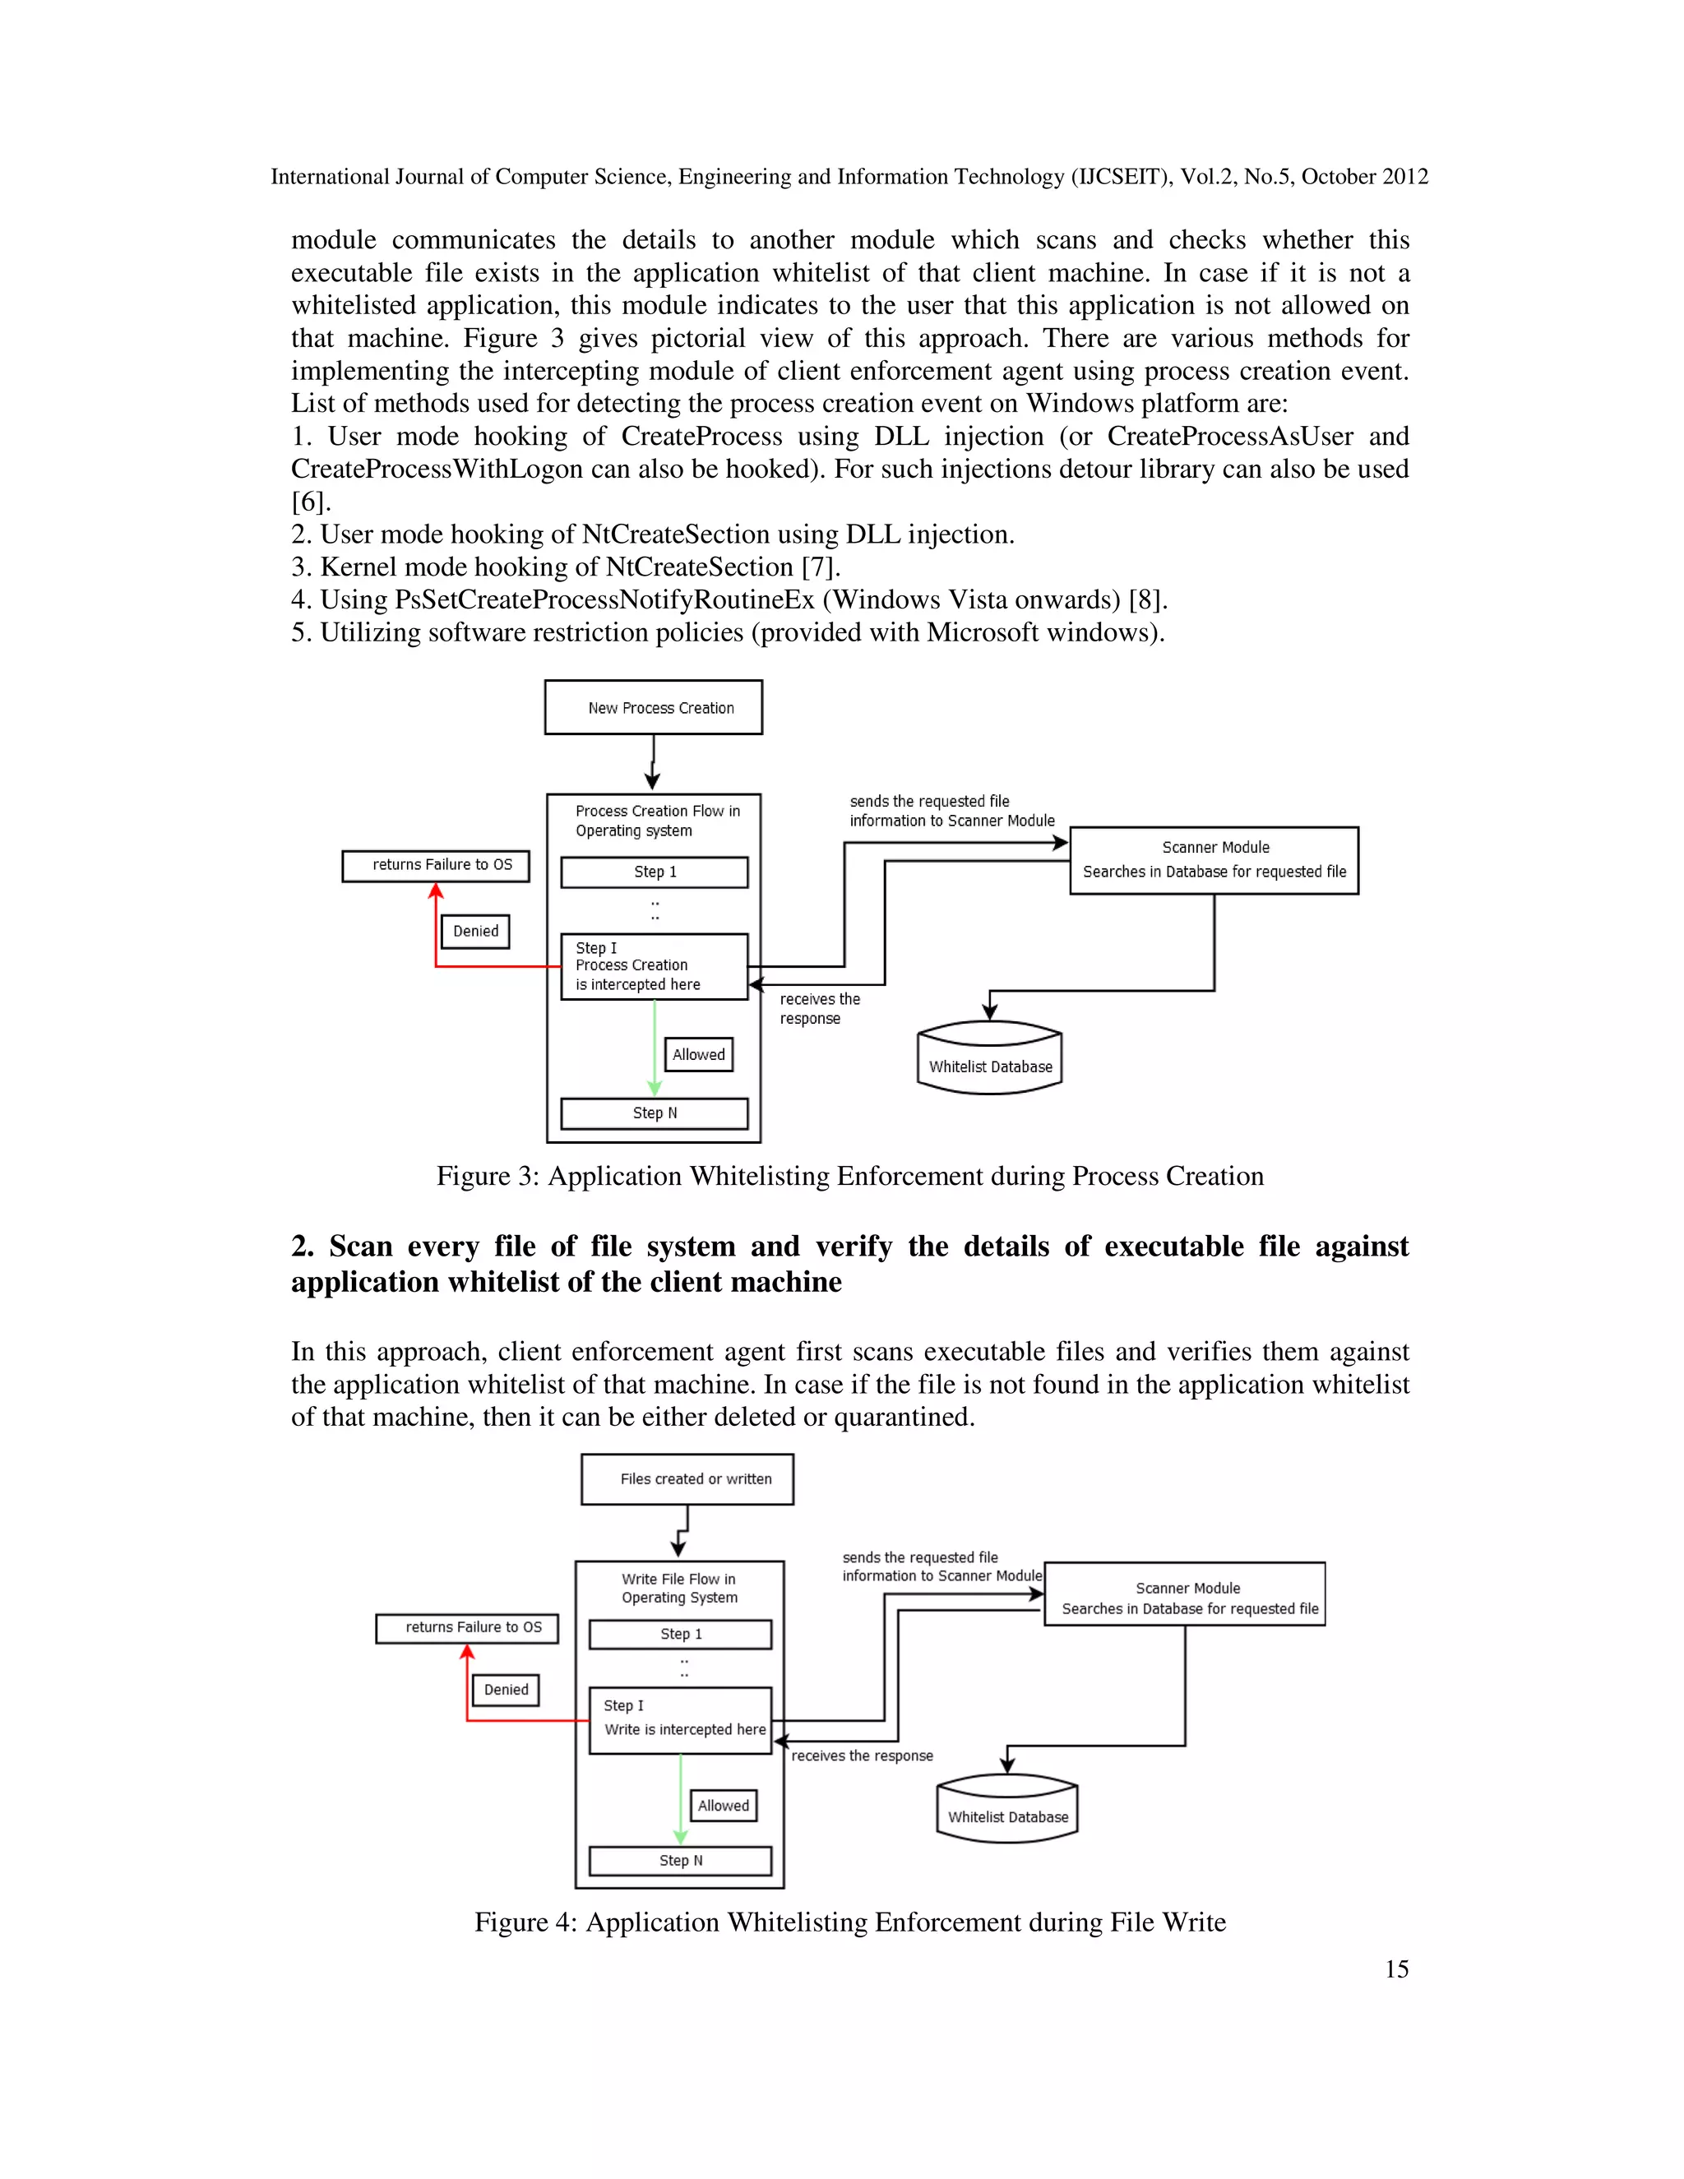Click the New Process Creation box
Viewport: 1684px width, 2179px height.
pyautogui.click(x=654, y=707)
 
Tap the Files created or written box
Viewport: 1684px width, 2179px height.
pyautogui.click(x=687, y=1478)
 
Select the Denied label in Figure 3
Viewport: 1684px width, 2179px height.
pyautogui.click(x=475, y=931)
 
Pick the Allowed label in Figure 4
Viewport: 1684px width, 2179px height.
pyautogui.click(x=724, y=1805)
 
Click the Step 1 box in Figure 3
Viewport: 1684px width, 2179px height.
pyautogui.click(x=655, y=872)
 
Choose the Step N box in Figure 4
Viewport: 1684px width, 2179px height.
pyautogui.click(x=680, y=1861)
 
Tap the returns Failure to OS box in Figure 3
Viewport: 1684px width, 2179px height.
pyautogui.click(x=436, y=865)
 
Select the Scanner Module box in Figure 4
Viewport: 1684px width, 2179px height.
pyautogui.click(x=1185, y=1594)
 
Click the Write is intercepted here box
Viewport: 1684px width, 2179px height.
pyautogui.click(x=680, y=1720)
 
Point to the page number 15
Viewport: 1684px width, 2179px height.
pyautogui.click(x=1395, y=1969)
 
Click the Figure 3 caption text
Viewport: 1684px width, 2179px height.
pyautogui.click(x=850, y=1177)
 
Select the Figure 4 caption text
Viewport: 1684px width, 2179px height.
pyautogui.click(x=850, y=1922)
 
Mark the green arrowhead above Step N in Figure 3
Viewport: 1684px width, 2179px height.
pyautogui.click(x=655, y=1088)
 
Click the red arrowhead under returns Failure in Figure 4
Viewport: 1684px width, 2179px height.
pyautogui.click(x=467, y=1652)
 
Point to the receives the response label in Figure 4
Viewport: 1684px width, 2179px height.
pyautogui.click(x=862, y=1756)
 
